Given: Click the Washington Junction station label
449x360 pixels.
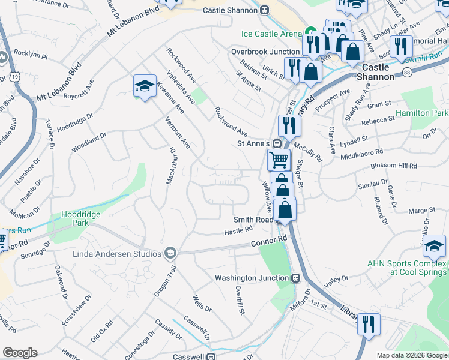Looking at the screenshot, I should coord(253,278).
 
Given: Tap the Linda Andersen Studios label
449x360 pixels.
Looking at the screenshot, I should coord(118,253).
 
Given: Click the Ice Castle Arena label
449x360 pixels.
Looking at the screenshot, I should coord(272,33).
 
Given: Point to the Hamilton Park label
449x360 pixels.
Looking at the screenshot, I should coord(422,113).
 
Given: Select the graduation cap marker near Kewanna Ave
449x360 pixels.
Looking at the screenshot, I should coord(145,86).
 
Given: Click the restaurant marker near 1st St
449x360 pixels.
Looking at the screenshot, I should coord(369,324).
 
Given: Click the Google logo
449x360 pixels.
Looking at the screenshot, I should coord(20,353).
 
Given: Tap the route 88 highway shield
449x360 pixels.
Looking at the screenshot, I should coord(407,72).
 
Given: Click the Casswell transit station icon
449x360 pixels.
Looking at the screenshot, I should coord(211,356).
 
